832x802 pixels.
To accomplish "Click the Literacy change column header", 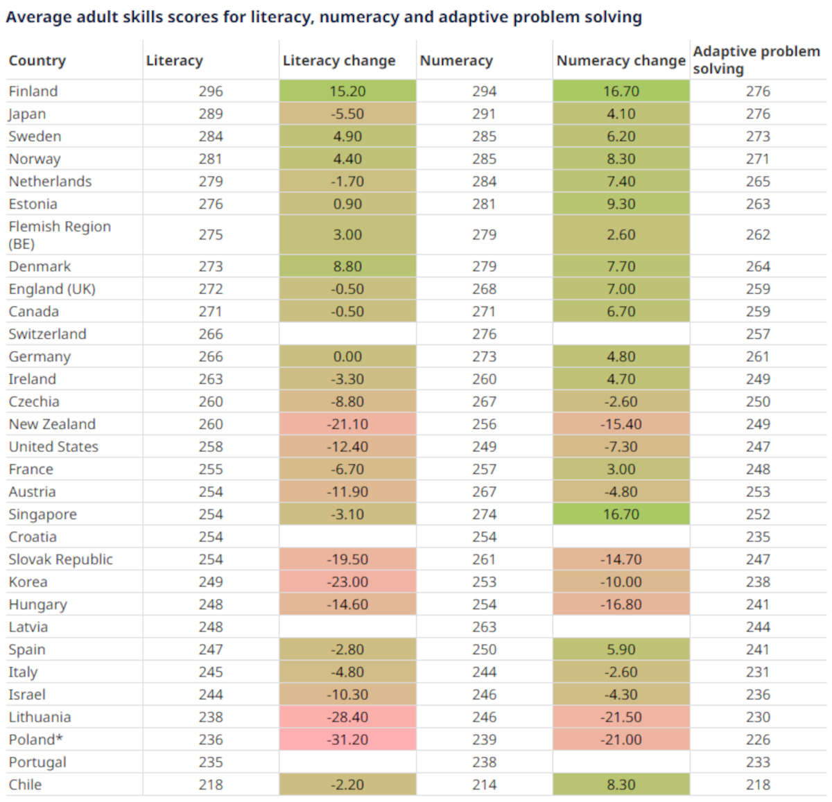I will [338, 61].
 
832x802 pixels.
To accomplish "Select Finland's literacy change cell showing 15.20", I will [347, 91].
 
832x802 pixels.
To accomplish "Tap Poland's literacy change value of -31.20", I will [347, 740].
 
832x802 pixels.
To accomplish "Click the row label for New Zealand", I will [52, 424].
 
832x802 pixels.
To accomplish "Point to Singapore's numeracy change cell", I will [621, 514].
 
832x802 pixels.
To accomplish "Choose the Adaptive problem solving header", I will [756, 60].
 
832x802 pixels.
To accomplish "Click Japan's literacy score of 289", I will [210, 114].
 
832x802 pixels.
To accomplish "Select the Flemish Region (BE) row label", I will [59, 234].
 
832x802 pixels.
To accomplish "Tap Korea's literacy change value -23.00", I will [347, 582].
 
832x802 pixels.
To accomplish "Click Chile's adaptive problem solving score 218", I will [758, 785].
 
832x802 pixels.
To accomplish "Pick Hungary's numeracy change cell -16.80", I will [621, 604].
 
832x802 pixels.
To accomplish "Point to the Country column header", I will [37, 61].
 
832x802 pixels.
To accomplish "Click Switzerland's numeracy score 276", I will [484, 334].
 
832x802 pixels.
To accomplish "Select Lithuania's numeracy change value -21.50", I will [621, 717].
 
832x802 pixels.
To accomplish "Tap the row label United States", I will [53, 447].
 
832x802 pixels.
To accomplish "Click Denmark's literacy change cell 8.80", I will [347, 266].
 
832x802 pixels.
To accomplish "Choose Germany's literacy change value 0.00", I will [347, 357].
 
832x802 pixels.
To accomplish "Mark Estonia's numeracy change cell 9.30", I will [621, 204].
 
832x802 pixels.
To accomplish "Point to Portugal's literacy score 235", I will [210, 762].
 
